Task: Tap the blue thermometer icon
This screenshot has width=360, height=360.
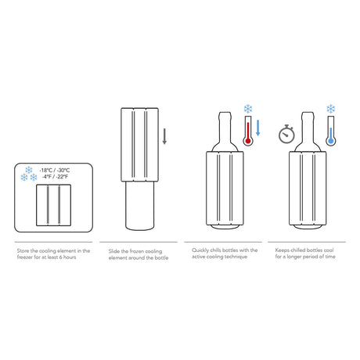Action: pyautogui.click(x=331, y=131)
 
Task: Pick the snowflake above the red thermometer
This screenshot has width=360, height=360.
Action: pyautogui.click(x=248, y=109)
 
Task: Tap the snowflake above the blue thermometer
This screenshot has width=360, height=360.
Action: pyautogui.click(x=331, y=109)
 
